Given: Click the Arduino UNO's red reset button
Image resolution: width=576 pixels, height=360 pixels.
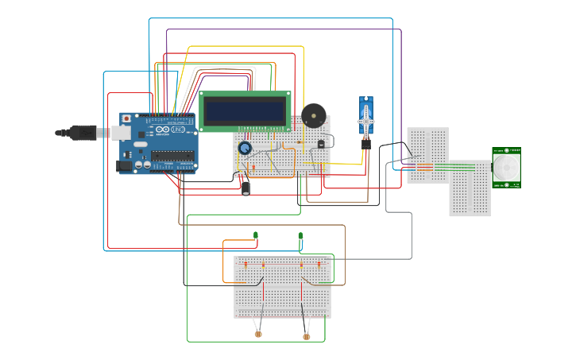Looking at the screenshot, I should click(126, 118).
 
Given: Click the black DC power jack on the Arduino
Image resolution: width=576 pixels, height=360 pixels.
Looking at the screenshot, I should click(124, 166).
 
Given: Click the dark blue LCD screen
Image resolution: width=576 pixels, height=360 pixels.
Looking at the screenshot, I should click(245, 110).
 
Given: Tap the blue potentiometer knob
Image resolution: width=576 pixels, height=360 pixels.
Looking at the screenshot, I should click(245, 148).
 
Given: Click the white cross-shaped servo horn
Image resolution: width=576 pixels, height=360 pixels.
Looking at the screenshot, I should click(365, 117).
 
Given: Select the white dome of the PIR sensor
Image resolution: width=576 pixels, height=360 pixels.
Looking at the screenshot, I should click(505, 168).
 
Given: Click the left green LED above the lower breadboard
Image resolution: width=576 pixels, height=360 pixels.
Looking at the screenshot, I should click(256, 235).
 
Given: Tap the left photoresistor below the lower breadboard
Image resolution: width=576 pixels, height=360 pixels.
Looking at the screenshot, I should click(258, 335).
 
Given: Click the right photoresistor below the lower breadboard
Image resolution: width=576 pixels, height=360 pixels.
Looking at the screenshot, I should click(307, 336).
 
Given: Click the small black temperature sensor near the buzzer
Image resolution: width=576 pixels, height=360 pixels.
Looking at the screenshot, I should click(321, 144).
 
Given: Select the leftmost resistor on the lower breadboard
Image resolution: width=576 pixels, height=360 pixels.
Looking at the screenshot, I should click(245, 264).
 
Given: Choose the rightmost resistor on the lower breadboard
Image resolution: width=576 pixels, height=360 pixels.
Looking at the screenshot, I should click(319, 264).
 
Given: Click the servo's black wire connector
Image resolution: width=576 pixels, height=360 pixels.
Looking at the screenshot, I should click(365, 144).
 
